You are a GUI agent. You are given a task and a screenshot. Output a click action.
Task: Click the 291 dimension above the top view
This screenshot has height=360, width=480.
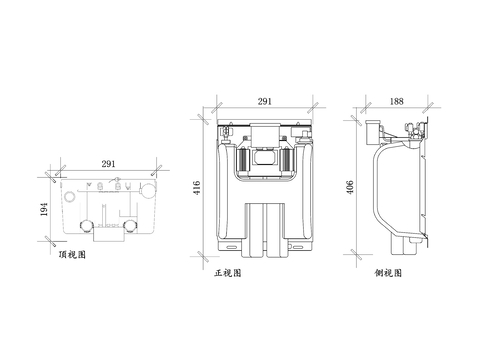[105, 163]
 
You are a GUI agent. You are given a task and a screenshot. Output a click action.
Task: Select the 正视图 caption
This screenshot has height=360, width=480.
[228, 272]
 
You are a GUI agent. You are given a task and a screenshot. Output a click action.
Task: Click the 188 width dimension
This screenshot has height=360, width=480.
[397, 103]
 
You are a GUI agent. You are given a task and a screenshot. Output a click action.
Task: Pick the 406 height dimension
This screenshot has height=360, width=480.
[351, 189]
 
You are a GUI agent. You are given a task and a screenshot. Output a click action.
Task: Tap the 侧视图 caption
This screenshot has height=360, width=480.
[389, 272]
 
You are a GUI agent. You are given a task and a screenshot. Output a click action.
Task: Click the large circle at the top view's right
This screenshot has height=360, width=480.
[148, 187]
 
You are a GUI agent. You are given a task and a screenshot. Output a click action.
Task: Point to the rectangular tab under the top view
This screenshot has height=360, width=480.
[105, 235]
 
